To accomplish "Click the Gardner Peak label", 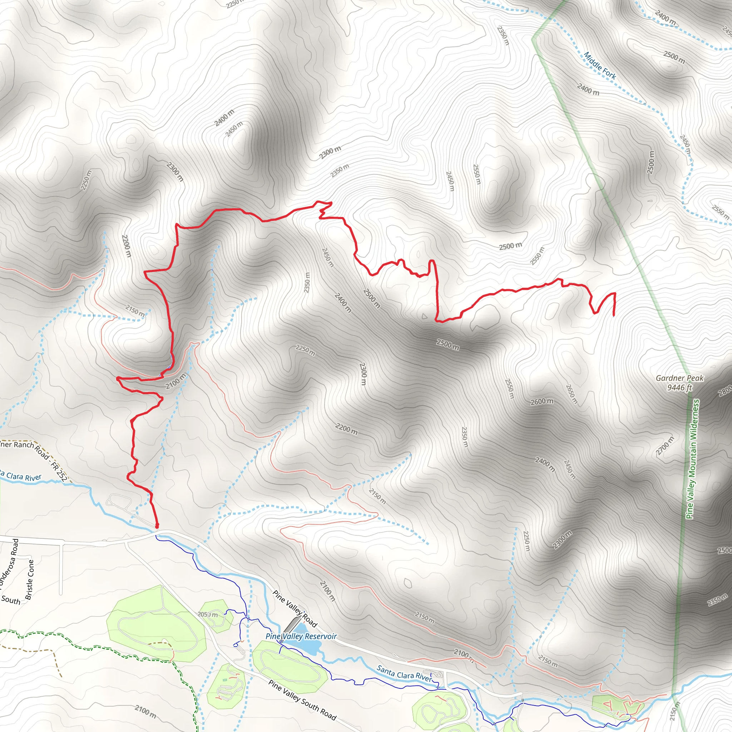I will tap(679, 378).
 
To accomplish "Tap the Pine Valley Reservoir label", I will tap(301, 636).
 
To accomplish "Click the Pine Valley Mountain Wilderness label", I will tap(693, 459).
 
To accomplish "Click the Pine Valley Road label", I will tap(295, 608).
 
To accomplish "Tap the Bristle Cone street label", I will tap(30, 580).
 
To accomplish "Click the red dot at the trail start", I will tap(157, 526).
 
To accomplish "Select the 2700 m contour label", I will tap(665, 446).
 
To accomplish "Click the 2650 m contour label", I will tap(572, 394).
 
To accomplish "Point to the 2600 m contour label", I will tap(542, 402).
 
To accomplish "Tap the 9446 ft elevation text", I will tap(679, 387).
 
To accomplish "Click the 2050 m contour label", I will tap(208, 614).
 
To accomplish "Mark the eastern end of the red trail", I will tap(614, 315).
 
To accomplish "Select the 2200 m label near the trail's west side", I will tap(126, 246).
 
